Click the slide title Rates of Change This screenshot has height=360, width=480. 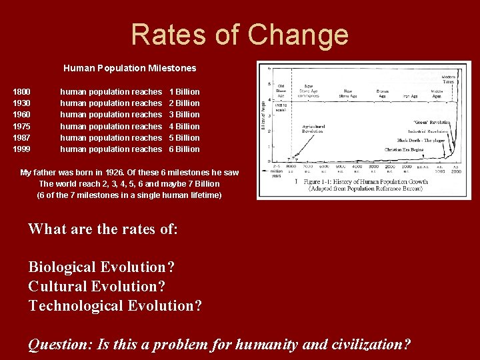[239, 34]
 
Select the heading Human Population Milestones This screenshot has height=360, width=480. [129, 68]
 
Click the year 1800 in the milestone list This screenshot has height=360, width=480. [22, 91]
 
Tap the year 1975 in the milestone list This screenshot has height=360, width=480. [22, 126]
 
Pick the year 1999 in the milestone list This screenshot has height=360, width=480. [22, 149]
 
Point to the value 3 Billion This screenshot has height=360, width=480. [184, 115]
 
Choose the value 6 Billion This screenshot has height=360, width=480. [184, 149]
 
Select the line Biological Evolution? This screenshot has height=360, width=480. [101, 267]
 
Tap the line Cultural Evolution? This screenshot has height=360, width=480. [97, 286]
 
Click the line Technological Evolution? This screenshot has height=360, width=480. [115, 305]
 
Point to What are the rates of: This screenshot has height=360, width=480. [103, 229]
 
